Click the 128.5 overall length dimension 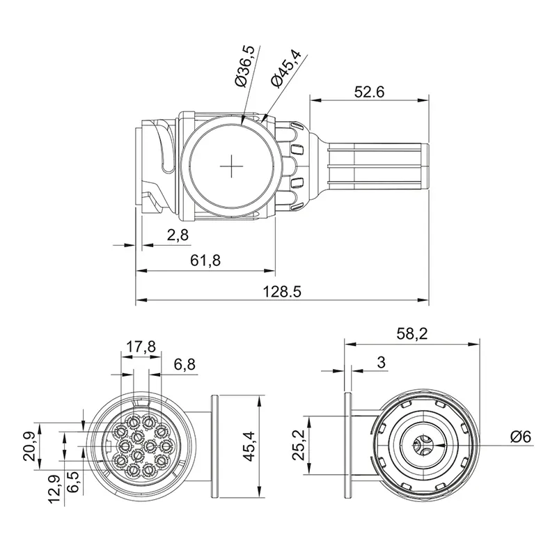pos(283,292)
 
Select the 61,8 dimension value pos(205,260)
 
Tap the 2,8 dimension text pos(178,235)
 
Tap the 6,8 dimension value pos(185,363)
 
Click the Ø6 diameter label pos(520,437)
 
